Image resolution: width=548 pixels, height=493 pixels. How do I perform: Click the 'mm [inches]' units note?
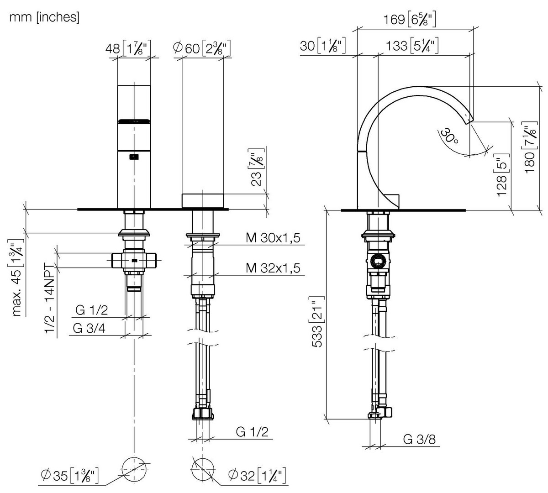(x=45, y=17)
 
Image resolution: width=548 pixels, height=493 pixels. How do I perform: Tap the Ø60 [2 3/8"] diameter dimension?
(x=202, y=49)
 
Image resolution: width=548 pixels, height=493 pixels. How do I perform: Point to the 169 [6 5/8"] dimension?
(x=410, y=19)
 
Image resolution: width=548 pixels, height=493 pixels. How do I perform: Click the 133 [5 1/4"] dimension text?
(x=412, y=45)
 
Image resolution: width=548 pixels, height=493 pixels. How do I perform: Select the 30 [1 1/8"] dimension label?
(x=322, y=45)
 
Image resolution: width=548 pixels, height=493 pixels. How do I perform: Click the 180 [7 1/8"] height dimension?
(x=530, y=147)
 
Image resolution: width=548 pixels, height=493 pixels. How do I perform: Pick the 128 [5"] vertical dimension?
(x=502, y=175)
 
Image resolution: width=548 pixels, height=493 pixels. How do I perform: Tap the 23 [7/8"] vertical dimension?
(x=257, y=168)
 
